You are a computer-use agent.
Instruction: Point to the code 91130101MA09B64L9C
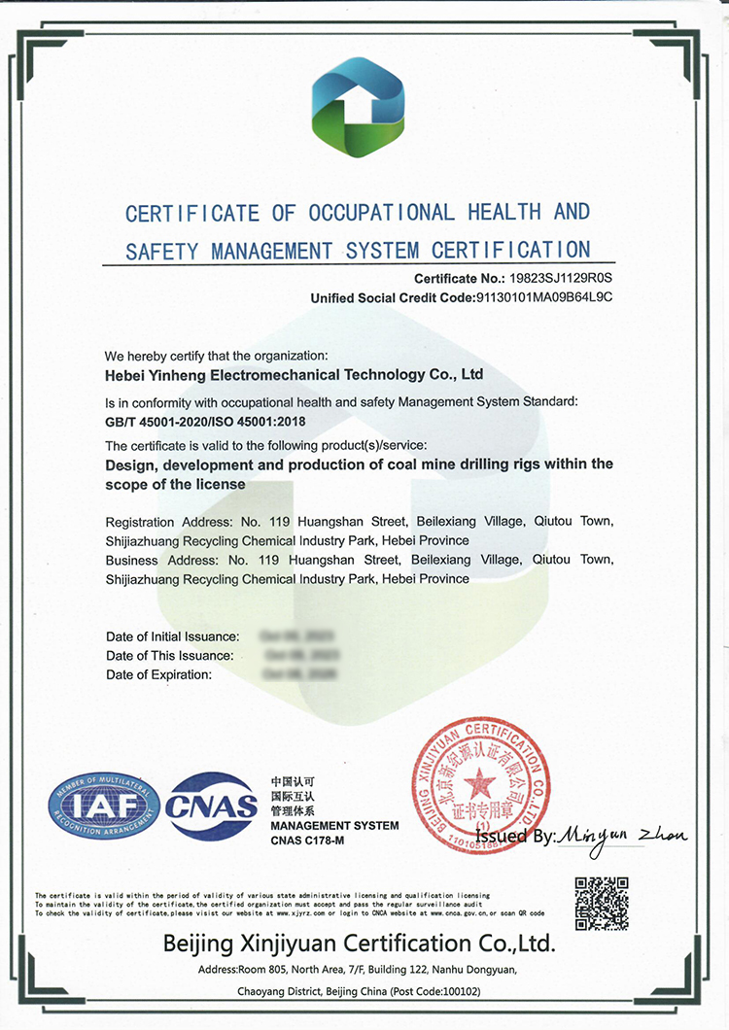click(x=544, y=297)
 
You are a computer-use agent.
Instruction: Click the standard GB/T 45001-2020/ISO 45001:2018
click(x=211, y=421)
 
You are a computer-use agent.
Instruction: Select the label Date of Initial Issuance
click(x=172, y=636)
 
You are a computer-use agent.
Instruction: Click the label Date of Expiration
click(x=158, y=674)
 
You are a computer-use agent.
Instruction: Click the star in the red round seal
click(x=478, y=783)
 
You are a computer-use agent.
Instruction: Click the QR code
click(x=602, y=903)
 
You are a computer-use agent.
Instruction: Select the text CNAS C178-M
click(x=308, y=840)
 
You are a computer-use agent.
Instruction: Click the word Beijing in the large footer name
click(x=199, y=943)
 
